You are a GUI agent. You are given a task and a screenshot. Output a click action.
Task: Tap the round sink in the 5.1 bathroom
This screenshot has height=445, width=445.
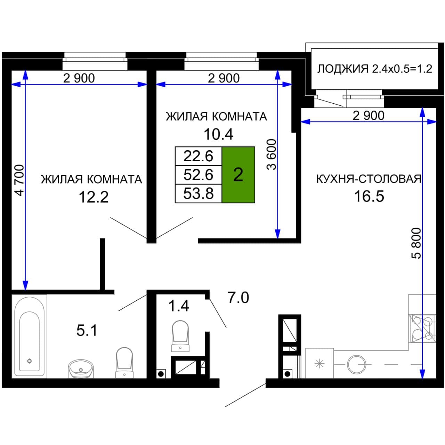click(x=81, y=369)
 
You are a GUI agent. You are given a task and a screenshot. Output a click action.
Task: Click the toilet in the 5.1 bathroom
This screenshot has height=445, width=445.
click(x=124, y=363)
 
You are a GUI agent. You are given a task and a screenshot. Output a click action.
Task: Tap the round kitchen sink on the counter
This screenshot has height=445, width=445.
click(x=357, y=364)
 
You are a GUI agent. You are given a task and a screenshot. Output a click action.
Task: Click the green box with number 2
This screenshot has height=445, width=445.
click(x=238, y=175)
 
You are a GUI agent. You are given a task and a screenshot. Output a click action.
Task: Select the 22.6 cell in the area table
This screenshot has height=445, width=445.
click(x=199, y=156)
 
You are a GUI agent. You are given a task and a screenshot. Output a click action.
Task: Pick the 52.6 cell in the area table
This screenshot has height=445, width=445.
click(x=199, y=175)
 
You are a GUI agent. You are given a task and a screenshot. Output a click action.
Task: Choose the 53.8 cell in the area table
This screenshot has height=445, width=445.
click(x=199, y=194)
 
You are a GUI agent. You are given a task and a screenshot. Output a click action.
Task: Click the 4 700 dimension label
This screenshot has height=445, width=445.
click(x=19, y=180)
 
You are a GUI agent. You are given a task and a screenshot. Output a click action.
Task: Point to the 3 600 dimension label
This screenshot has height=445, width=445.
click(x=272, y=154)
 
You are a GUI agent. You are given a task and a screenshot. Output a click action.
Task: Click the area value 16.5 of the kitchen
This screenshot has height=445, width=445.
click(x=369, y=196)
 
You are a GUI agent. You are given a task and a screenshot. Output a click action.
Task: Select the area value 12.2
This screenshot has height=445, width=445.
click(x=94, y=197)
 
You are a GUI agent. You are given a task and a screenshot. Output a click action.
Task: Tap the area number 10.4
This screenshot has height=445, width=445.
click(x=218, y=134)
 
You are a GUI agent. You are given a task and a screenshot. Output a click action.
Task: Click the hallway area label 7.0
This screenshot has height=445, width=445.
click(x=238, y=298)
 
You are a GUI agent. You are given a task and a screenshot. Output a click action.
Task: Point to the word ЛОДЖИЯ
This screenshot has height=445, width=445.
click(x=343, y=69)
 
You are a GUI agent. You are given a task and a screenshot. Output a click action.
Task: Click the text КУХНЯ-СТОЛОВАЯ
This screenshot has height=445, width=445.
click(x=369, y=179)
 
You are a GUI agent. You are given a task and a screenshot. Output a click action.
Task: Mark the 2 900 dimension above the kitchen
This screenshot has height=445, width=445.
click(x=369, y=115)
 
